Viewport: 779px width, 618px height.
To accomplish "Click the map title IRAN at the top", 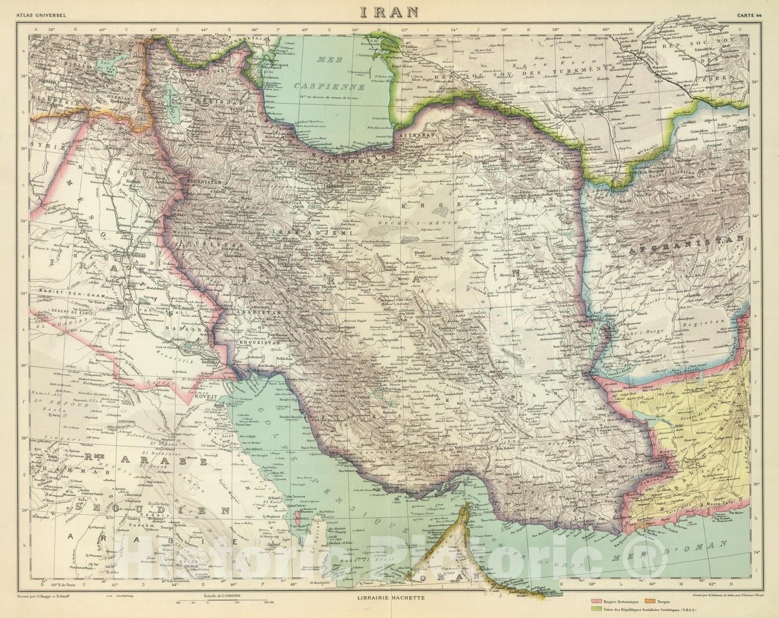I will (389, 12).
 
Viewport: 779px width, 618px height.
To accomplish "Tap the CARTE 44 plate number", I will (749, 16).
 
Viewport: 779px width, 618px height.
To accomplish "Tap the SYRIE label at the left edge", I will (41, 146).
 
